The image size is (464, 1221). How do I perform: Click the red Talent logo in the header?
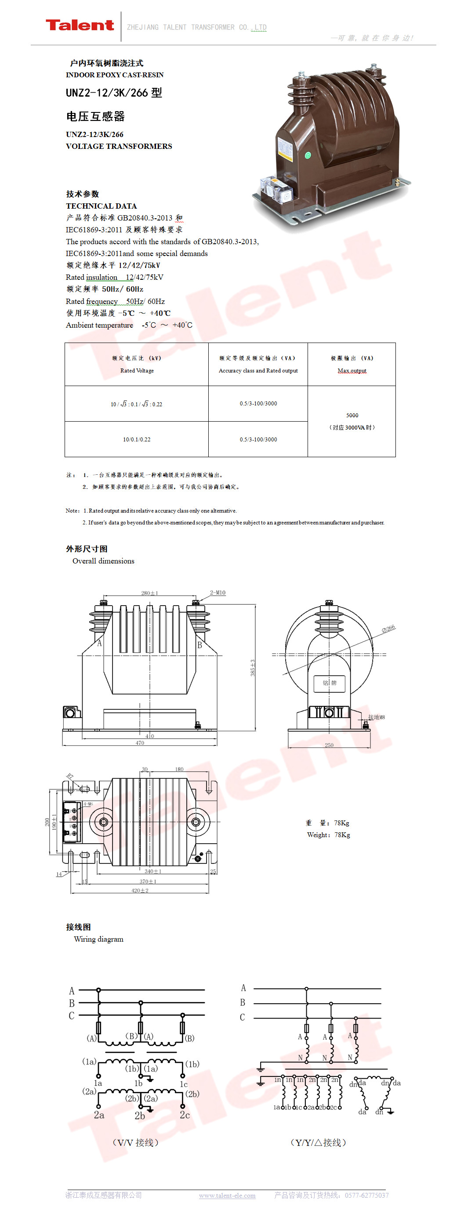[80, 25]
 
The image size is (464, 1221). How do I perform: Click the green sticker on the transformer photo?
[307, 155]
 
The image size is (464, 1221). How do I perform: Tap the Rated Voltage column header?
[137, 371]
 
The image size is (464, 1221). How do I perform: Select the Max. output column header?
[352, 371]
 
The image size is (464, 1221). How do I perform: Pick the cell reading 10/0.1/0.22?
[137, 439]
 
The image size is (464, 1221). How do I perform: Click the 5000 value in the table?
[352, 415]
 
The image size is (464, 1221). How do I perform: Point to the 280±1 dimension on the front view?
[150, 593]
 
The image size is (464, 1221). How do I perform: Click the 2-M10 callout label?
[217, 592]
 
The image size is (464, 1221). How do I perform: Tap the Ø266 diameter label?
[388, 629]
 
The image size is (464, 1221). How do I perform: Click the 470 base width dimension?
[140, 743]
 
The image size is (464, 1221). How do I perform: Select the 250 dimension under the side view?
[329, 745]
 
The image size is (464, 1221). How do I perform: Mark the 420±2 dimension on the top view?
[140, 891]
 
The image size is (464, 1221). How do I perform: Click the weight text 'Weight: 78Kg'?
[329, 834]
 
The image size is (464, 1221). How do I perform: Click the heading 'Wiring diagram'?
[98, 939]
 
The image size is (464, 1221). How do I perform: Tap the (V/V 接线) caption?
[135, 1142]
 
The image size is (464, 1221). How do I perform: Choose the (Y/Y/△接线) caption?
[318, 1142]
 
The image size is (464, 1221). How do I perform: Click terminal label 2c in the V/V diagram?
[185, 1115]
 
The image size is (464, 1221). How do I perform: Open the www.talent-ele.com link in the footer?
[227, 1196]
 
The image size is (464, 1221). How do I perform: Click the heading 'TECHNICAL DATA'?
[101, 206]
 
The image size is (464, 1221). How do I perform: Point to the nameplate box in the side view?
[330, 683]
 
